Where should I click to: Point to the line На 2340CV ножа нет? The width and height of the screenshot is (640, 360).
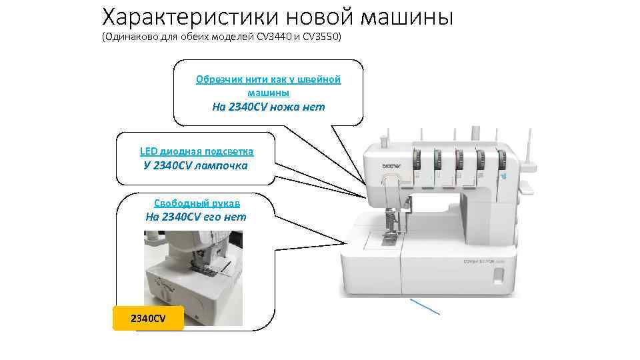coord(268,107)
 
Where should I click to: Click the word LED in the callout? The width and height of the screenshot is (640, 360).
coord(149,151)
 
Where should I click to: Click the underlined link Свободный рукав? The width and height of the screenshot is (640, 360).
coord(197,203)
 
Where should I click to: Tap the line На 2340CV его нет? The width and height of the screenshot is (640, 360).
coord(195,217)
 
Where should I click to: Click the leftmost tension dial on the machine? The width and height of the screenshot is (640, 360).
coord(417,161)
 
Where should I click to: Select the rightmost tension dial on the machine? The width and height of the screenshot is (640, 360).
coord(502,160)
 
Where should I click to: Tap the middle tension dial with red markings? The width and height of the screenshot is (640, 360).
coord(459,161)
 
